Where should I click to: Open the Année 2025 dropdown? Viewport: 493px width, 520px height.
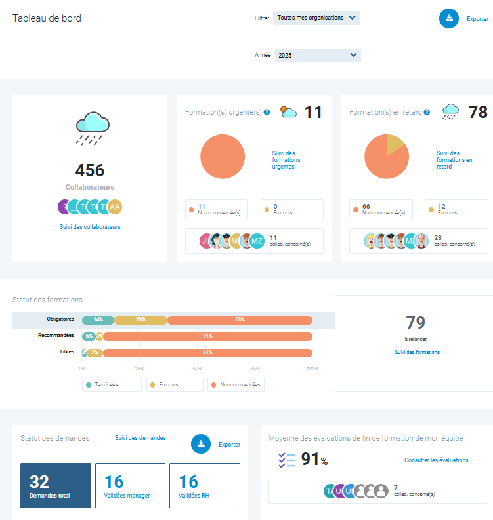(x=318, y=56)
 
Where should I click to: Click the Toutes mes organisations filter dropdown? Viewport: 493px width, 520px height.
(x=316, y=18)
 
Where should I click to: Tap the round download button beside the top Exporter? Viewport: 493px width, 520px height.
(x=449, y=18)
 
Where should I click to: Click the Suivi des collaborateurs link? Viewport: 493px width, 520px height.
(x=90, y=227)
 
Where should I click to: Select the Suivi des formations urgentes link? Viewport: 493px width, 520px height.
(x=286, y=160)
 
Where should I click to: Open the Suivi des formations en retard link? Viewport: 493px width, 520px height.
(x=454, y=160)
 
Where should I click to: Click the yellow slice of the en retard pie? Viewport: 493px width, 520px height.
(x=394, y=144)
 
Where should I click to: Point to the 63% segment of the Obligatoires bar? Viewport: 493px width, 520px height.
(x=240, y=319)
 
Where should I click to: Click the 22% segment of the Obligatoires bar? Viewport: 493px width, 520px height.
(x=140, y=319)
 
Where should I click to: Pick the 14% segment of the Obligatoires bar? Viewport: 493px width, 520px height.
(x=98, y=319)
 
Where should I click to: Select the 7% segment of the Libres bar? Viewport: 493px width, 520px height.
(x=95, y=353)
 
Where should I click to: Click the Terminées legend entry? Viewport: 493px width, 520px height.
(x=112, y=385)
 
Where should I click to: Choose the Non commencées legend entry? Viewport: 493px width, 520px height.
(x=236, y=385)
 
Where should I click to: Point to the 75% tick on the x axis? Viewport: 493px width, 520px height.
(x=255, y=369)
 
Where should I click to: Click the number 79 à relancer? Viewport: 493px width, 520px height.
(x=416, y=323)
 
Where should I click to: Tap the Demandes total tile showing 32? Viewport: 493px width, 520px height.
(x=56, y=485)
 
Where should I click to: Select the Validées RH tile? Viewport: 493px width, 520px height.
(x=204, y=485)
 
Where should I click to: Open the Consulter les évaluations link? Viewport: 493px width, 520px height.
(x=437, y=460)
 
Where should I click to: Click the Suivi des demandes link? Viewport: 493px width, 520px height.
(x=140, y=438)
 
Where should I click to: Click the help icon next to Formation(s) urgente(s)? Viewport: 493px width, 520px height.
(x=267, y=113)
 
